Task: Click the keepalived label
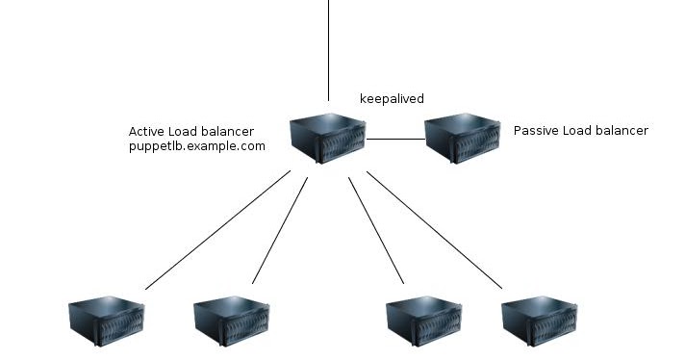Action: (392, 99)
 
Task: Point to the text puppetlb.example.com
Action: (196, 146)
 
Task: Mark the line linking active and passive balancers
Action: (395, 140)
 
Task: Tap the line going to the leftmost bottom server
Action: (217, 230)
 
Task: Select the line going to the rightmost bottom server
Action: (434, 230)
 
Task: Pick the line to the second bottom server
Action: (280, 230)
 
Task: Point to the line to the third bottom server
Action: (375, 230)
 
